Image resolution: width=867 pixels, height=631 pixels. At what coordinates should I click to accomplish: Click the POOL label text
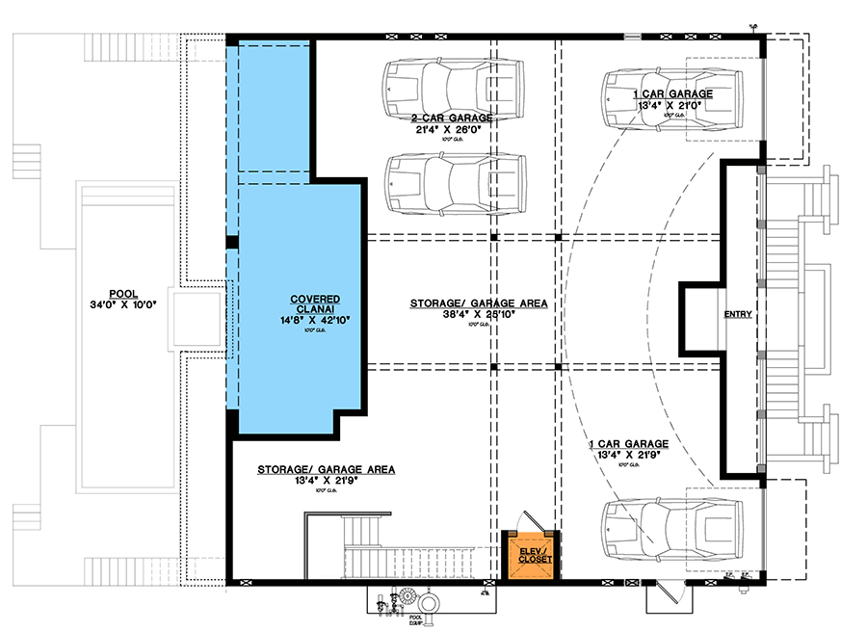click(122, 294)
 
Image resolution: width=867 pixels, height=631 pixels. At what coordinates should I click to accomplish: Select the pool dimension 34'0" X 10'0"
click(122, 306)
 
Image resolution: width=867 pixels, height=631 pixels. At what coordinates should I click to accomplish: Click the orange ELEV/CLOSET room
click(533, 559)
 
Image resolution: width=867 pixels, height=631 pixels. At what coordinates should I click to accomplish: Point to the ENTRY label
click(738, 315)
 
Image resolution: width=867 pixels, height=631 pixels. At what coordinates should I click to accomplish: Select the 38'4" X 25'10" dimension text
click(479, 315)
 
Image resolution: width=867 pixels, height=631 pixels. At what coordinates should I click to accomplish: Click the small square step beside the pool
click(198, 318)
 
